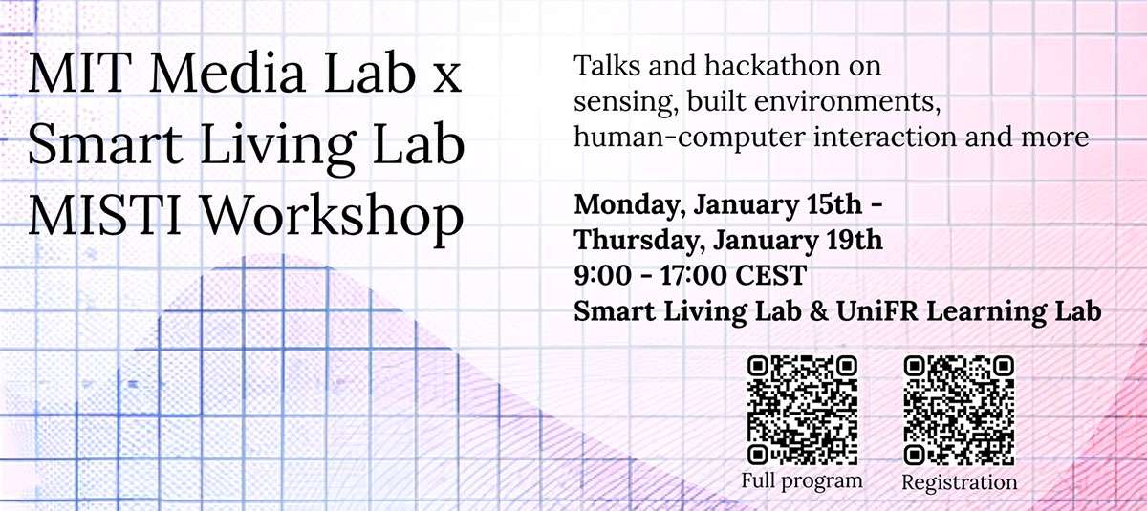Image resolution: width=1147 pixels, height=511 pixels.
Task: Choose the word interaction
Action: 876,136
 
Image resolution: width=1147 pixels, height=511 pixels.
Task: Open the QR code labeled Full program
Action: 802,410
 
